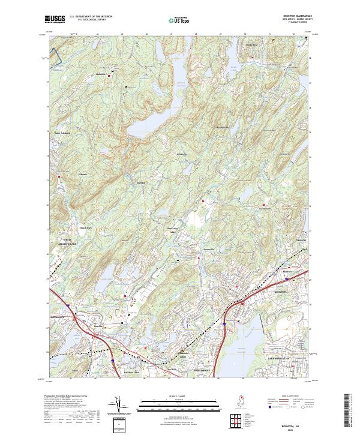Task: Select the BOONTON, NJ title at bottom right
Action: point(303,424)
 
